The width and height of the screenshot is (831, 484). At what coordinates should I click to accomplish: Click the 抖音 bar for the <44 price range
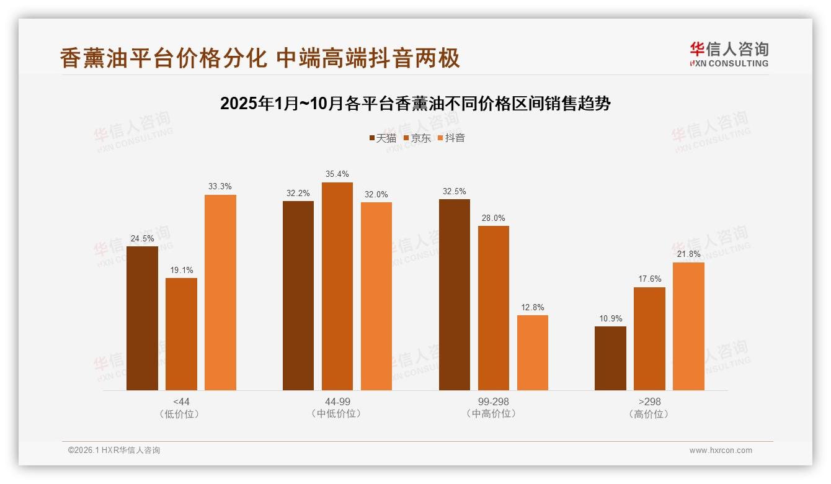point(220,292)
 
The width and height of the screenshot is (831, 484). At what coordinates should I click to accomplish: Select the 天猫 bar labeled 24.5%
point(142,318)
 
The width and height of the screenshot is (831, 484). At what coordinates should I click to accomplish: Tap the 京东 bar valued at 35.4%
point(337,286)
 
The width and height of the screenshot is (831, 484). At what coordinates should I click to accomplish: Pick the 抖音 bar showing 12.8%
point(532,352)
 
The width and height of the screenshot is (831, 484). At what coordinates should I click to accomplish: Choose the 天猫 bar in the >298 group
point(610,358)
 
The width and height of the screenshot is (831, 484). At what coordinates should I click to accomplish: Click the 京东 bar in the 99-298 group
point(493,308)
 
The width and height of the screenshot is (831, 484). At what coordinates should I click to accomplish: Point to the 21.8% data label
point(688,254)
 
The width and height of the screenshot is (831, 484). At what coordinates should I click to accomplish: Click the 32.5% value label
point(454,191)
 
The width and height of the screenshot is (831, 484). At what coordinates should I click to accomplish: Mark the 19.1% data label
point(181,270)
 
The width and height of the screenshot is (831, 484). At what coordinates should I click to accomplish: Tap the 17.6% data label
point(649,279)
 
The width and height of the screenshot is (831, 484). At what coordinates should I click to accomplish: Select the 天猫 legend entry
point(382,138)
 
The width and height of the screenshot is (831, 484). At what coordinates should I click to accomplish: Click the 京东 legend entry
point(417,138)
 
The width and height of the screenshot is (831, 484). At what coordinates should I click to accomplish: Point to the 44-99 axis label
point(337,401)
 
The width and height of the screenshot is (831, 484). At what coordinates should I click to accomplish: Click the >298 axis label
point(649,401)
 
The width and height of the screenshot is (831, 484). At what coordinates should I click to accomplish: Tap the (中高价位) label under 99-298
point(493,414)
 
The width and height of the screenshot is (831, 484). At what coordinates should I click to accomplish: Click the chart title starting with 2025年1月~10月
point(415,104)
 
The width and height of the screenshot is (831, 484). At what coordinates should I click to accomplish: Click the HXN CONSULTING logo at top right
point(729,55)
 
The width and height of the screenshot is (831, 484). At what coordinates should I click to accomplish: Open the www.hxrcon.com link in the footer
point(720,450)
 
